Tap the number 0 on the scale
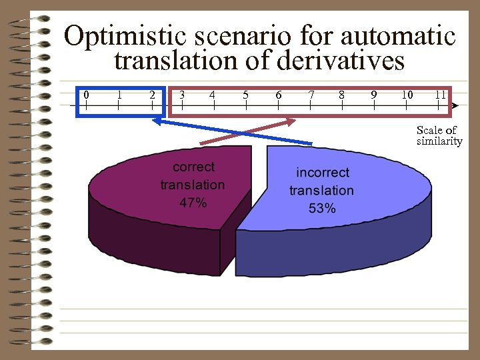(x=85, y=95)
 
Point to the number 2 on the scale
(x=152, y=95)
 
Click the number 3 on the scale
(x=182, y=95)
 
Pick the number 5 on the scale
(x=245, y=95)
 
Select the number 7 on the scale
(x=311, y=95)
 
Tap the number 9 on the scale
(x=374, y=95)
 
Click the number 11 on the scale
(x=440, y=95)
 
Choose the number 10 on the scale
(x=407, y=95)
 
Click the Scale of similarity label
(x=438, y=135)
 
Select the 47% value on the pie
(x=193, y=203)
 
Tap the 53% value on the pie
(x=321, y=208)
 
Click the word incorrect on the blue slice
(x=323, y=173)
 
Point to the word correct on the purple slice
(x=193, y=167)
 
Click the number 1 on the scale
(x=119, y=95)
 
